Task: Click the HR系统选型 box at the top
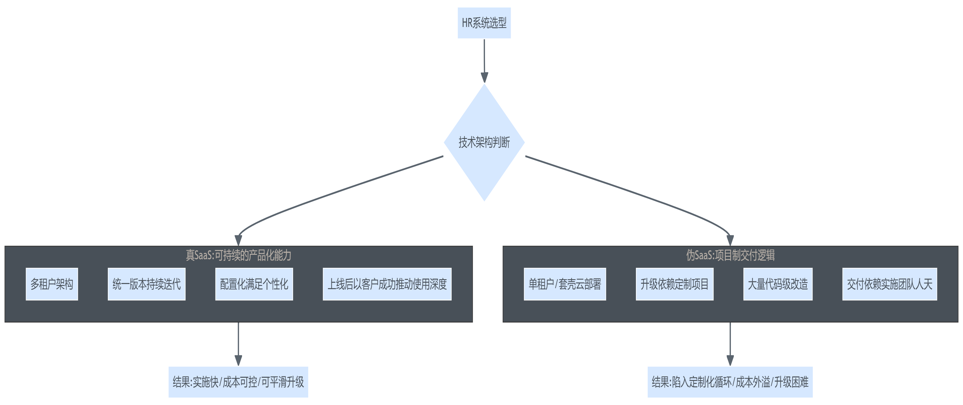tap(484, 23)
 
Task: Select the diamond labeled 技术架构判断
tap(484, 142)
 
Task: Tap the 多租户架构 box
tap(52, 284)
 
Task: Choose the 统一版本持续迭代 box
tap(147, 284)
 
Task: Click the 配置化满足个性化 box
tap(254, 284)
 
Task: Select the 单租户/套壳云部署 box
tap(565, 284)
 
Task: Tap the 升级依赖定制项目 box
tap(674, 284)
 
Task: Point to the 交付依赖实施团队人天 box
tap(889, 284)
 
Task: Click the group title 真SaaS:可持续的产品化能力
tap(239, 255)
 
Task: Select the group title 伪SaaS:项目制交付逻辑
tap(730, 255)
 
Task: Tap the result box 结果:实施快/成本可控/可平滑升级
tap(238, 382)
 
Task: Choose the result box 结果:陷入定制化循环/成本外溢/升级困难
tap(730, 382)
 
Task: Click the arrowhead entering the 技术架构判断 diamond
tap(484, 78)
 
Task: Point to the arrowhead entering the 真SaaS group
tap(238, 240)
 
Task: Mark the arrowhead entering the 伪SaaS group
tap(730, 240)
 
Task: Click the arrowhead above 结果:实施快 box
tap(238, 360)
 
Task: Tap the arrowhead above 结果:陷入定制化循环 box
tap(730, 360)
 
